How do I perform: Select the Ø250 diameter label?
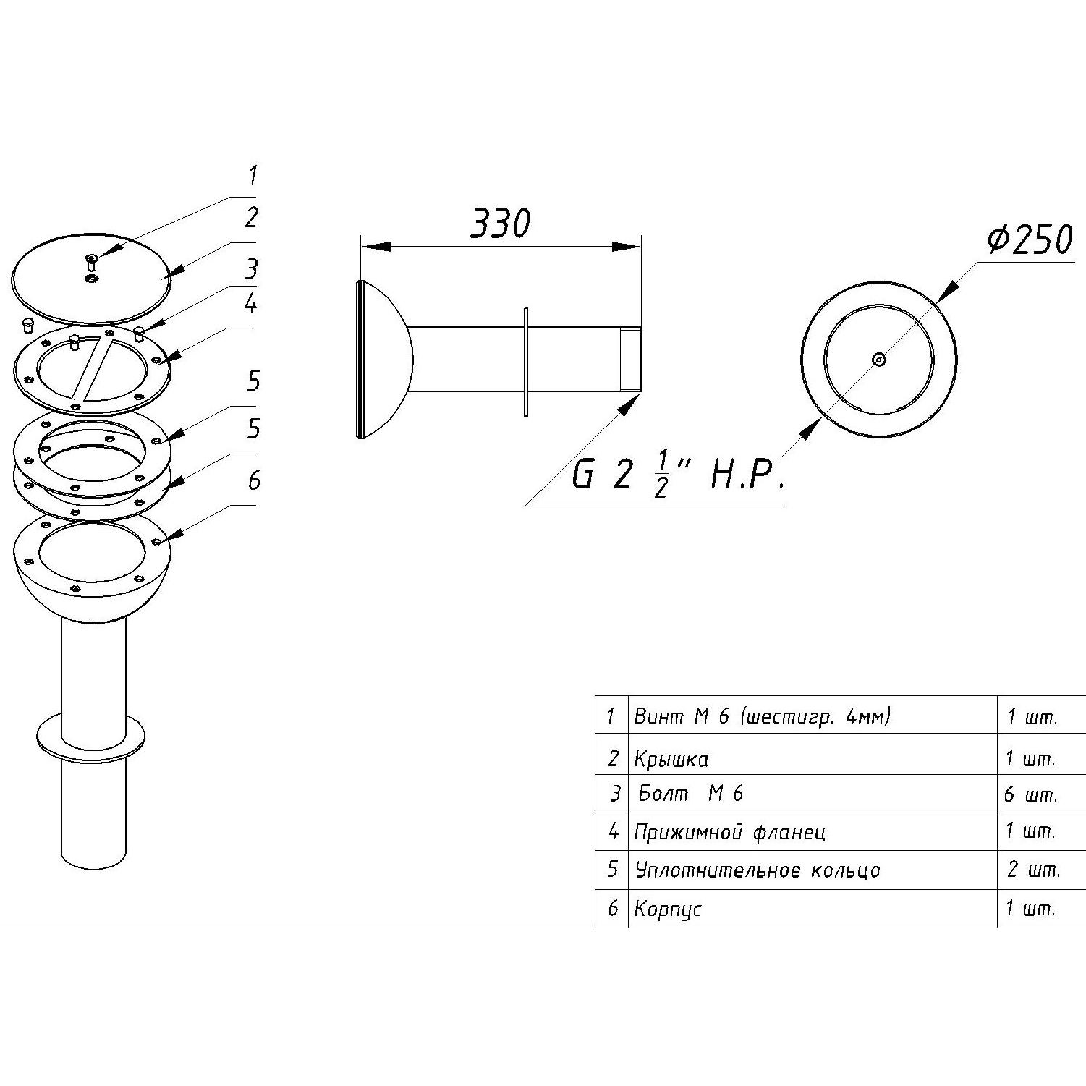tap(1030, 239)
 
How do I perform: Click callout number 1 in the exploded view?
tap(252, 176)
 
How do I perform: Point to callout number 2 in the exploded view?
tap(251, 217)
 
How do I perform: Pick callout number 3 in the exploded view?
tap(251, 269)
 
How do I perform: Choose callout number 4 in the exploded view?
tap(250, 304)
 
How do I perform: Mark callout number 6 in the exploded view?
tap(254, 480)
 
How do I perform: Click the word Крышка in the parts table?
tap(671, 759)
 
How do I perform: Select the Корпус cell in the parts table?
tap(667, 909)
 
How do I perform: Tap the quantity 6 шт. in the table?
tap(1030, 794)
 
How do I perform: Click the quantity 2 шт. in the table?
tap(1032, 869)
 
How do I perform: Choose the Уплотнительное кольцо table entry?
tap(757, 870)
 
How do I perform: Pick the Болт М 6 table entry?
tap(691, 794)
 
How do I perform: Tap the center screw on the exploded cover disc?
tap(91, 261)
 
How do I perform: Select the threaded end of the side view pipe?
tap(631, 360)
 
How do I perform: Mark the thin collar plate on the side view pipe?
tap(526, 361)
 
